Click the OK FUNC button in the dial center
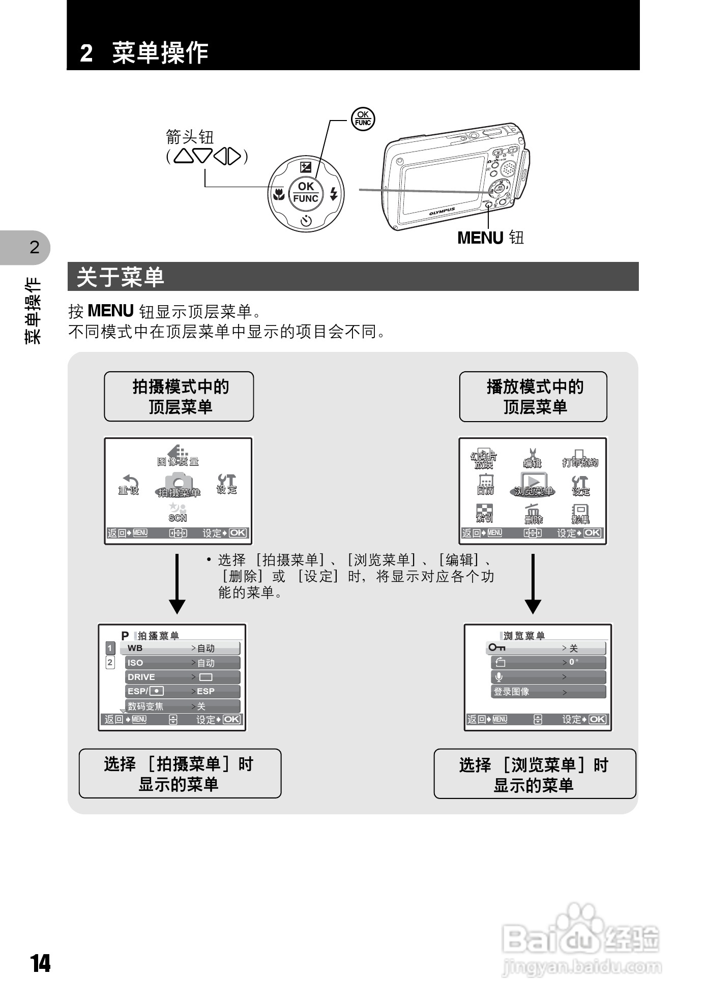(306, 193)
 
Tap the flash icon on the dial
(334, 194)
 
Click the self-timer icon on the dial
(306, 221)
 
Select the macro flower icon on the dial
(278, 194)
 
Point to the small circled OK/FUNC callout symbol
(363, 119)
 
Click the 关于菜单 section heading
(121, 277)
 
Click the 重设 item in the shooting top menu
(129, 485)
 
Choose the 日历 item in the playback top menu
(485, 485)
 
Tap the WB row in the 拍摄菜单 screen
(180, 648)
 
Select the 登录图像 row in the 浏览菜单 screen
(548, 692)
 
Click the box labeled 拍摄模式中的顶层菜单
(179, 397)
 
